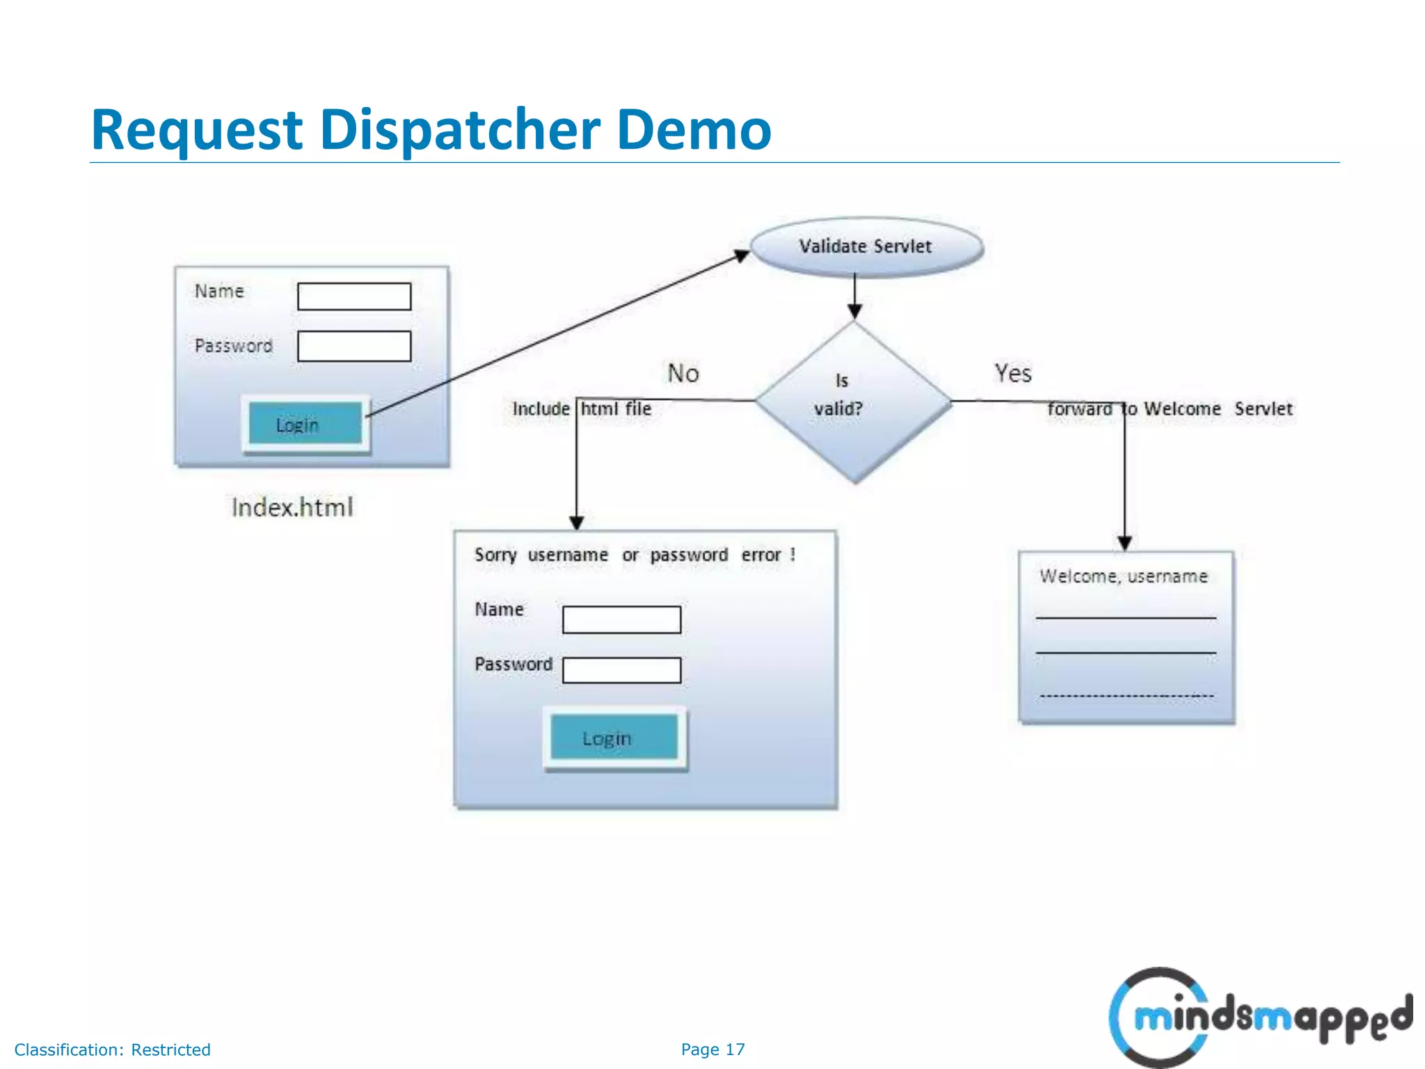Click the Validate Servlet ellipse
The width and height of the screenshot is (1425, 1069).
coord(866,247)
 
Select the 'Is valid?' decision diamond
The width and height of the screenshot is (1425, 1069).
coord(854,402)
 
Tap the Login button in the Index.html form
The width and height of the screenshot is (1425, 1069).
coord(305,424)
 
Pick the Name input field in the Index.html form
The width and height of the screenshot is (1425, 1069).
coord(354,296)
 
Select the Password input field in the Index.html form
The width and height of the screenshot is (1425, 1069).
coord(354,346)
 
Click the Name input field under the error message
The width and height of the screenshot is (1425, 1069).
coord(621,619)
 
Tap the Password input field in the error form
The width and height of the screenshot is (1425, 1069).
coord(621,670)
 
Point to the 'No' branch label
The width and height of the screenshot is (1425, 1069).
coord(683,374)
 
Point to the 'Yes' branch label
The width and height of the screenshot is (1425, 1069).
coord(1012,374)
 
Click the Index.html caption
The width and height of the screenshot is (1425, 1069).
coord(292,507)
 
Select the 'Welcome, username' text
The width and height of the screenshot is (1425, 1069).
coord(1123,576)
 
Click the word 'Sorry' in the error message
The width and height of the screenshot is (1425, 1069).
coord(495,555)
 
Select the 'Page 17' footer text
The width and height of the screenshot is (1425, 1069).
coord(712,1050)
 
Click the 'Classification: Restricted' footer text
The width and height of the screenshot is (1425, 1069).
coord(112,1050)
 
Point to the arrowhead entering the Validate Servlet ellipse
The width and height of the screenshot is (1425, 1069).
coord(742,255)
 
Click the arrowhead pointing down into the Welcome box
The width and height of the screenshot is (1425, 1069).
coord(1124,543)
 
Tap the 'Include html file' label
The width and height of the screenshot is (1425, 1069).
coord(582,409)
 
